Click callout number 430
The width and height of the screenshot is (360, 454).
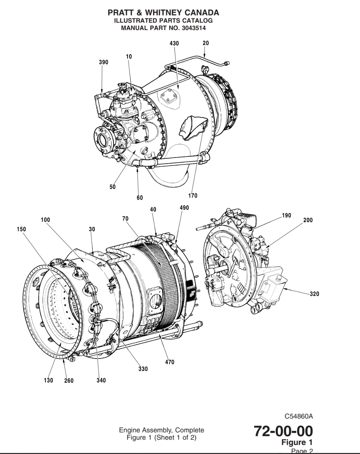174,43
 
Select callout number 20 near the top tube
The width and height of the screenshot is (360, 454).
205,43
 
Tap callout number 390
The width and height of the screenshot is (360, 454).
104,62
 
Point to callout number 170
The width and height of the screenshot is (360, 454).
193,196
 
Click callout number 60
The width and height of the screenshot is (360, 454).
139,198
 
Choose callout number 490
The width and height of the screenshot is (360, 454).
184,208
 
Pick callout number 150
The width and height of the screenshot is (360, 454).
21,229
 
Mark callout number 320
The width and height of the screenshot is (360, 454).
314,294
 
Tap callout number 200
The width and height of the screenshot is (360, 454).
308,220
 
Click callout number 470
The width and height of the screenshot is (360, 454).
170,362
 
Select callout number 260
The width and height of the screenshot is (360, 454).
69,380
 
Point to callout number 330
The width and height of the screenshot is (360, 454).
143,369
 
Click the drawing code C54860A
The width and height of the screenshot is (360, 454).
298,416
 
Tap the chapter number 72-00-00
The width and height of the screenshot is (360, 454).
283,431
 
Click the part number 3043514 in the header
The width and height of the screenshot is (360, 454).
194,28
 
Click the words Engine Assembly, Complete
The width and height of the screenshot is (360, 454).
161,430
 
